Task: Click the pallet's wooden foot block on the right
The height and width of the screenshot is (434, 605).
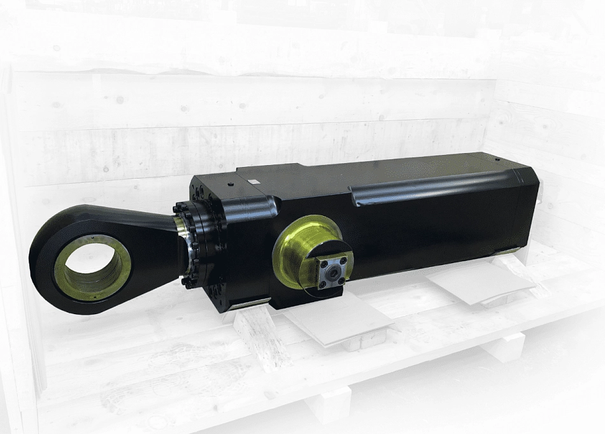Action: coord(503,347)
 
